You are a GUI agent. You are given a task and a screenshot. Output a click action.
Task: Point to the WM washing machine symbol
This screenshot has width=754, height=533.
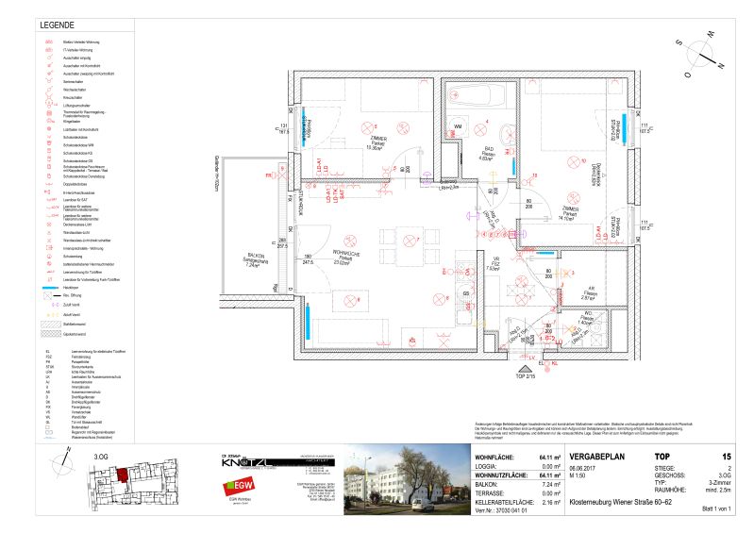pyautogui.click(x=459, y=125)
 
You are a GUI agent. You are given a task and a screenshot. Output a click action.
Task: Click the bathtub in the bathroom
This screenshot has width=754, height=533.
pyautogui.click(x=473, y=98)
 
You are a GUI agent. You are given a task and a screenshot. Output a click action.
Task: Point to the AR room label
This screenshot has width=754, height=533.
pyautogui.click(x=591, y=291)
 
